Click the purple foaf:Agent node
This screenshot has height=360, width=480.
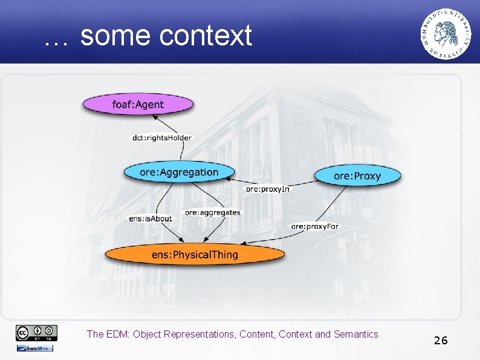coord(138,105)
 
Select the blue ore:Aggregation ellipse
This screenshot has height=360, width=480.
coord(178,172)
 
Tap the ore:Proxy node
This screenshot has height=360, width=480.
coord(357,176)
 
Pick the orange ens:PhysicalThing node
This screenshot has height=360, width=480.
coord(195,255)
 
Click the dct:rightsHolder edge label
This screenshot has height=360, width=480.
coord(162,138)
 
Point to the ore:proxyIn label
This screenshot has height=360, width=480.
coord(268,189)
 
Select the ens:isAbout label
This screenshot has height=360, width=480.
coord(151,218)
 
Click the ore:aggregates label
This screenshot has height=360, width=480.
coord(212,212)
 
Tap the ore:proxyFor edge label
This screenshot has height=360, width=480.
coord(315,226)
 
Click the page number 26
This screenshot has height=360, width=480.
coord(440,341)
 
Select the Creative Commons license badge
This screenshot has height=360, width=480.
coord(37,332)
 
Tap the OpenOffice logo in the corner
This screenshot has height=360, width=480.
coord(35,348)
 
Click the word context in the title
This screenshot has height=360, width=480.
coord(206,36)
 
